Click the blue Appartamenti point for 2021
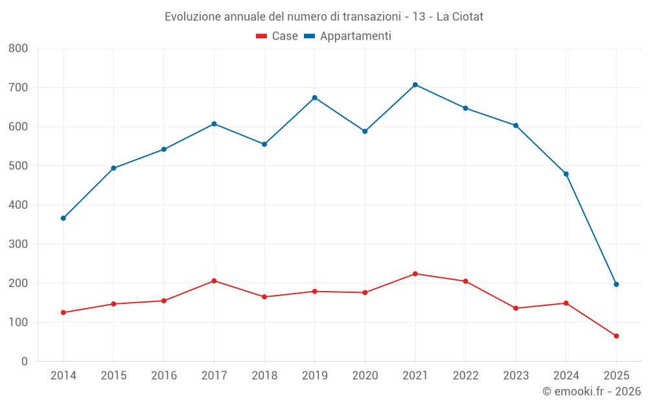point(415,85)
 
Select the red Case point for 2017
point(214,281)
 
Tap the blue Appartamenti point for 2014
point(63,218)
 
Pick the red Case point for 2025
point(616,336)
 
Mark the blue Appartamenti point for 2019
point(315,98)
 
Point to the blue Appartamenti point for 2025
point(616,284)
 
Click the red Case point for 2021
point(415,273)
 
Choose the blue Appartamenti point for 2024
point(566,174)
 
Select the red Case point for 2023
point(516,308)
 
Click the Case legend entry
point(277,36)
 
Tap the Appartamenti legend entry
point(348,36)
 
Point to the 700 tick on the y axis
point(18,87)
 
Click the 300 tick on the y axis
point(18,244)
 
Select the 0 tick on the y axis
point(24,362)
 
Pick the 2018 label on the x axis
point(264,376)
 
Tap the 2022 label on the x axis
point(465,376)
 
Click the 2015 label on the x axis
point(113,376)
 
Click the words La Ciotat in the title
point(459,16)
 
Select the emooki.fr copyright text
point(592,391)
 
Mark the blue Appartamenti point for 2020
point(365,132)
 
